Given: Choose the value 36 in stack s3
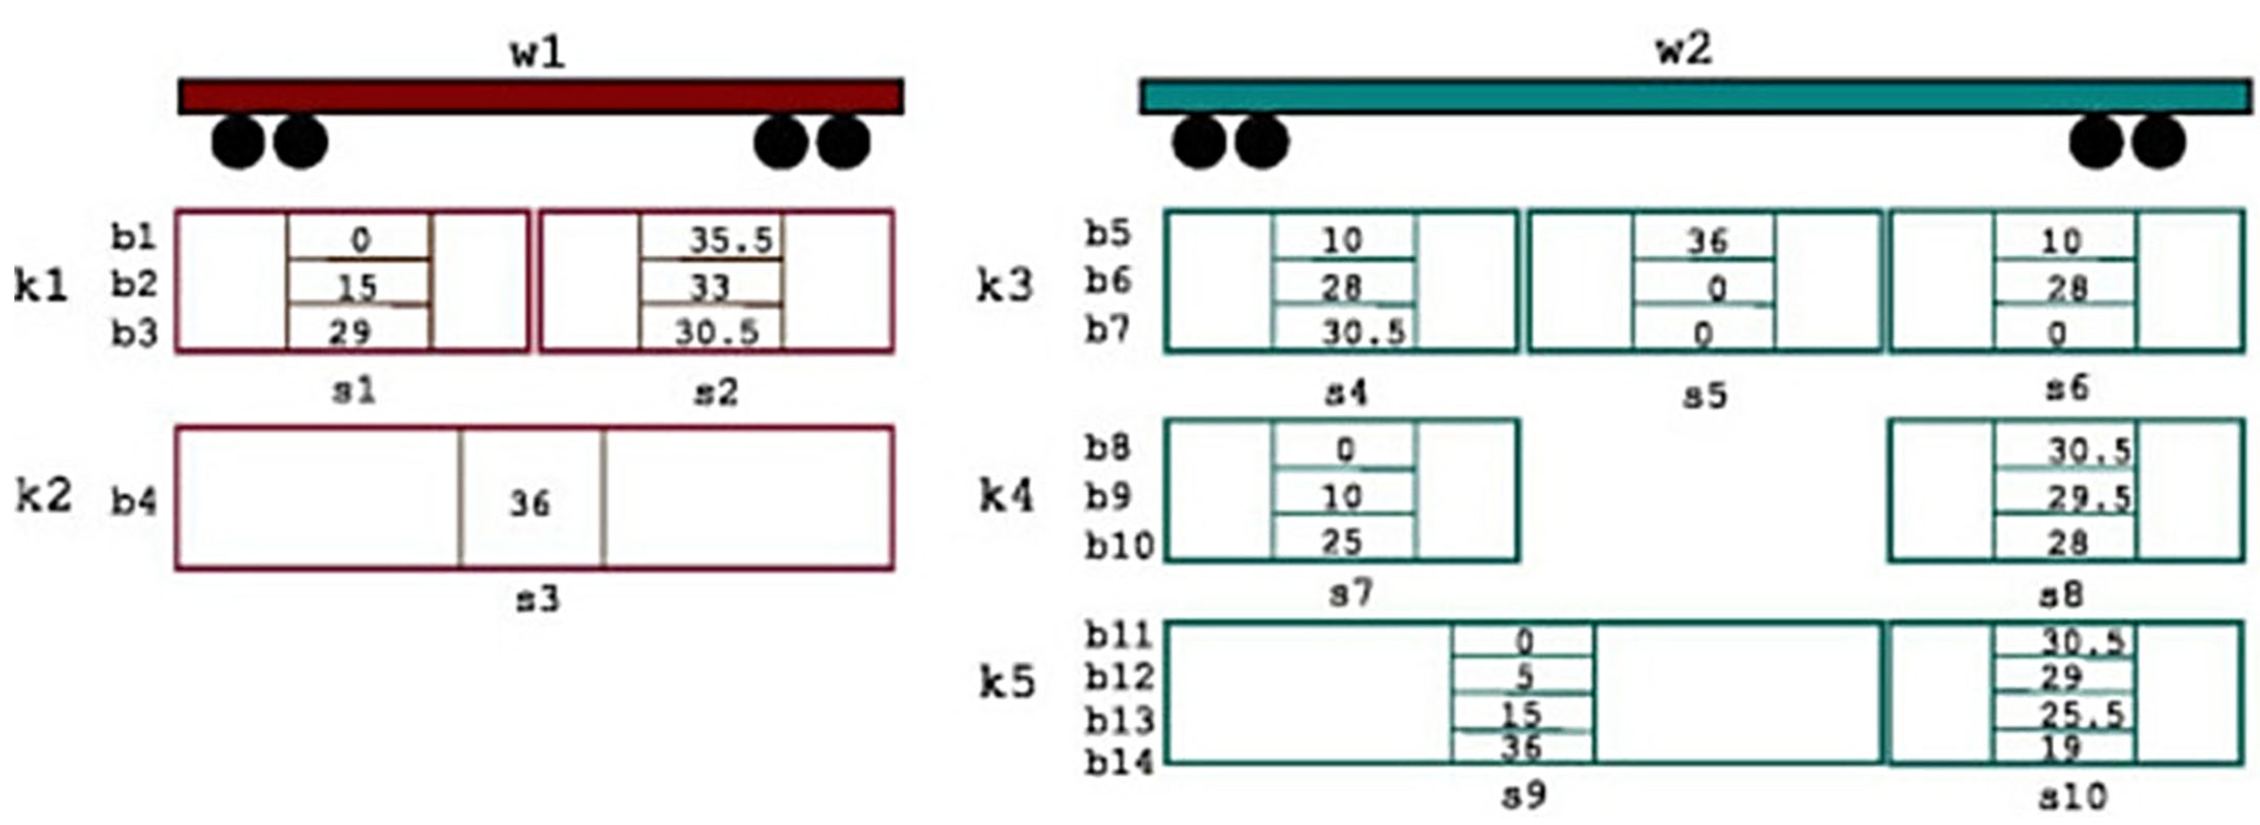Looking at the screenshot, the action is tap(530, 503).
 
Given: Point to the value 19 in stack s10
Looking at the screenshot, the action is tap(2061, 747).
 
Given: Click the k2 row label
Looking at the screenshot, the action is tap(42, 497).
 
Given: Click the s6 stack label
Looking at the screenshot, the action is tap(2067, 387).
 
